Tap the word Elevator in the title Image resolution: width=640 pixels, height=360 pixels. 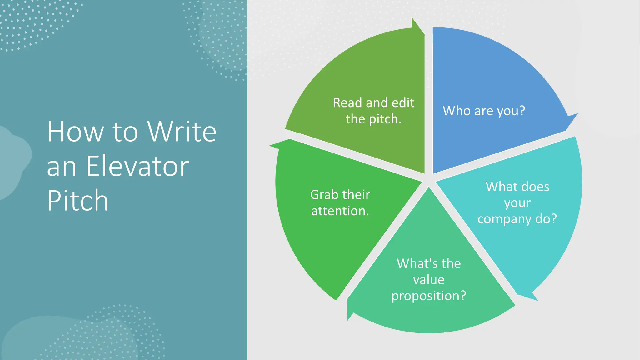(137, 166)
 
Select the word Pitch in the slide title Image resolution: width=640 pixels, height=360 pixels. (78, 201)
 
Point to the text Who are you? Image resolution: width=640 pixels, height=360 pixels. (484, 111)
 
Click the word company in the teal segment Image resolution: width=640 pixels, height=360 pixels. (504, 219)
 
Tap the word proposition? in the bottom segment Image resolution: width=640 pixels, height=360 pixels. (429, 296)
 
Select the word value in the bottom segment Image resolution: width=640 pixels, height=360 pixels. (429, 280)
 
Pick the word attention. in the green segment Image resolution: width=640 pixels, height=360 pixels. (340, 211)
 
